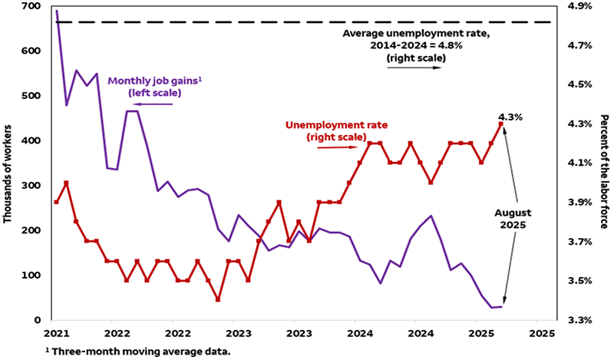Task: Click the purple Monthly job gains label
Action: [x=145, y=86]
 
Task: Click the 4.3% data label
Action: [x=510, y=117]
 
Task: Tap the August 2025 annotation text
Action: [x=511, y=218]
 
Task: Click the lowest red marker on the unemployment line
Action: [x=218, y=300]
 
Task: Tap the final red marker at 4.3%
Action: [x=500, y=124]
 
